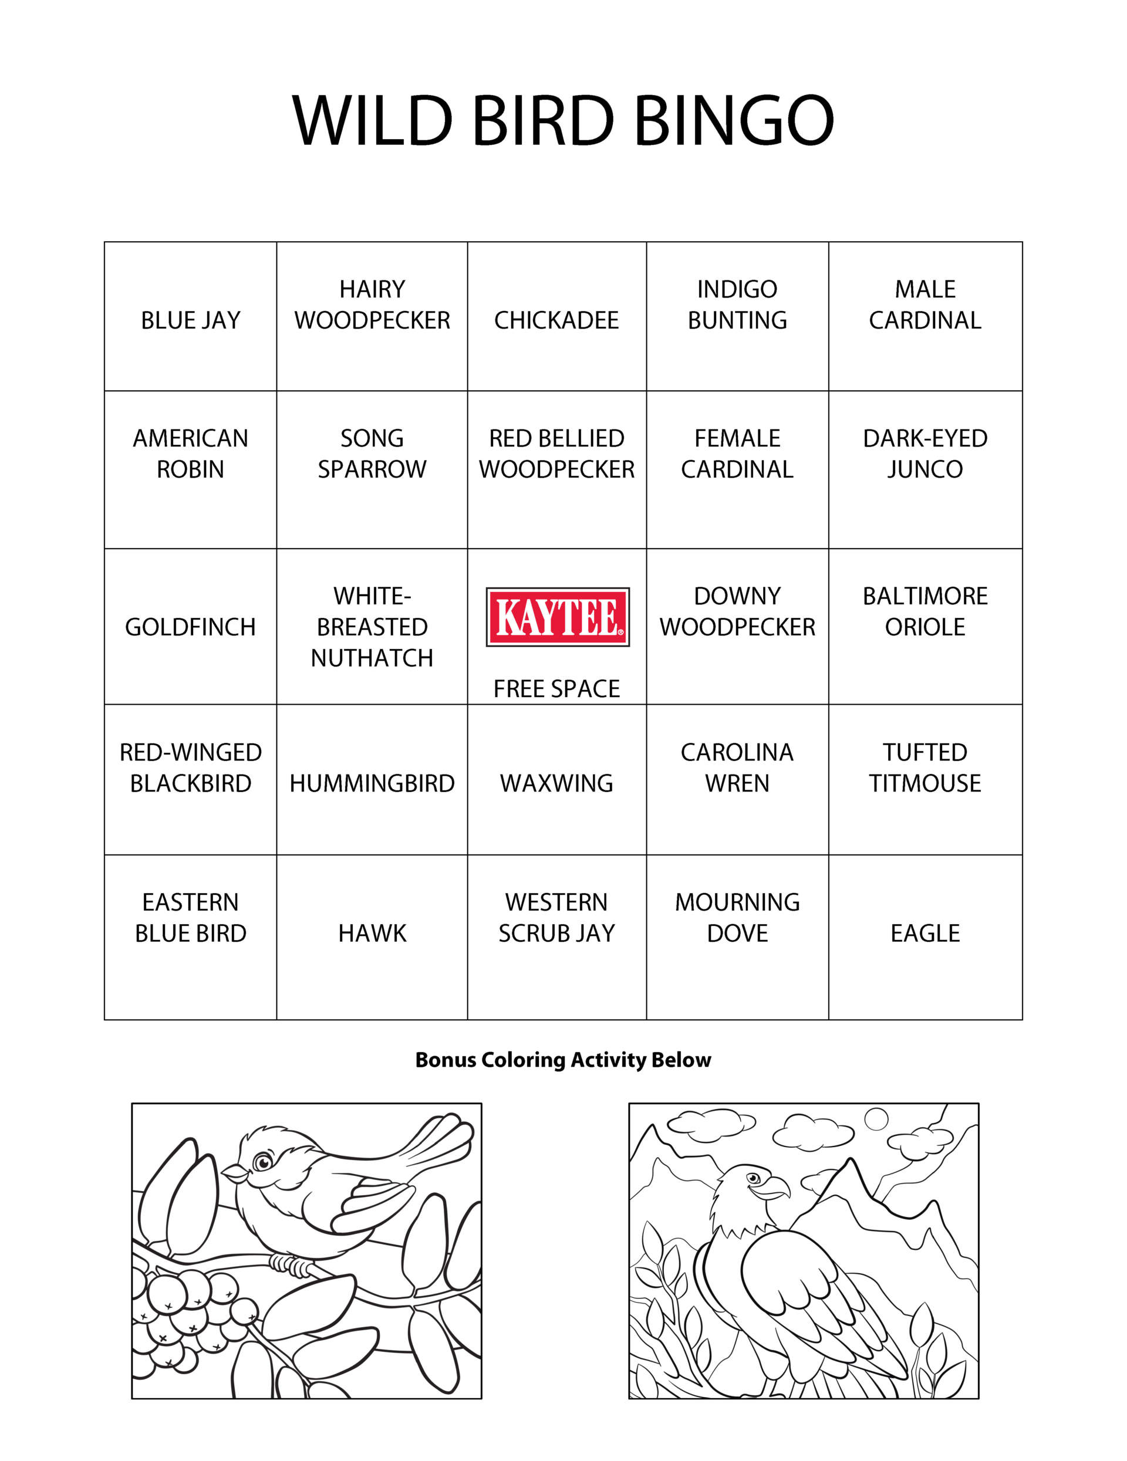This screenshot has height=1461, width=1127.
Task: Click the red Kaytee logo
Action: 557,616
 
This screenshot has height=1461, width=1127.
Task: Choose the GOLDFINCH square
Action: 190,627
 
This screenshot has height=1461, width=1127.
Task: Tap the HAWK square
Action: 372,932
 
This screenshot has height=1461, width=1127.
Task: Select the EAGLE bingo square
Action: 925,932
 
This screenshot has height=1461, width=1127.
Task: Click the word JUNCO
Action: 925,469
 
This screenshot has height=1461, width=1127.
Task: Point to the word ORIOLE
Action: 925,627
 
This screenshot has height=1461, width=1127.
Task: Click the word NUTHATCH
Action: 372,658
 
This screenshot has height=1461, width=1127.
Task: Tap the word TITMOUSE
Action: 925,783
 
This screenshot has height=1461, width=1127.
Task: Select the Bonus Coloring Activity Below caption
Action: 563,1060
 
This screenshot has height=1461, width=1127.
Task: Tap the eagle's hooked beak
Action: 777,1188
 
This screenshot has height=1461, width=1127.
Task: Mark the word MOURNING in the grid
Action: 737,902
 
